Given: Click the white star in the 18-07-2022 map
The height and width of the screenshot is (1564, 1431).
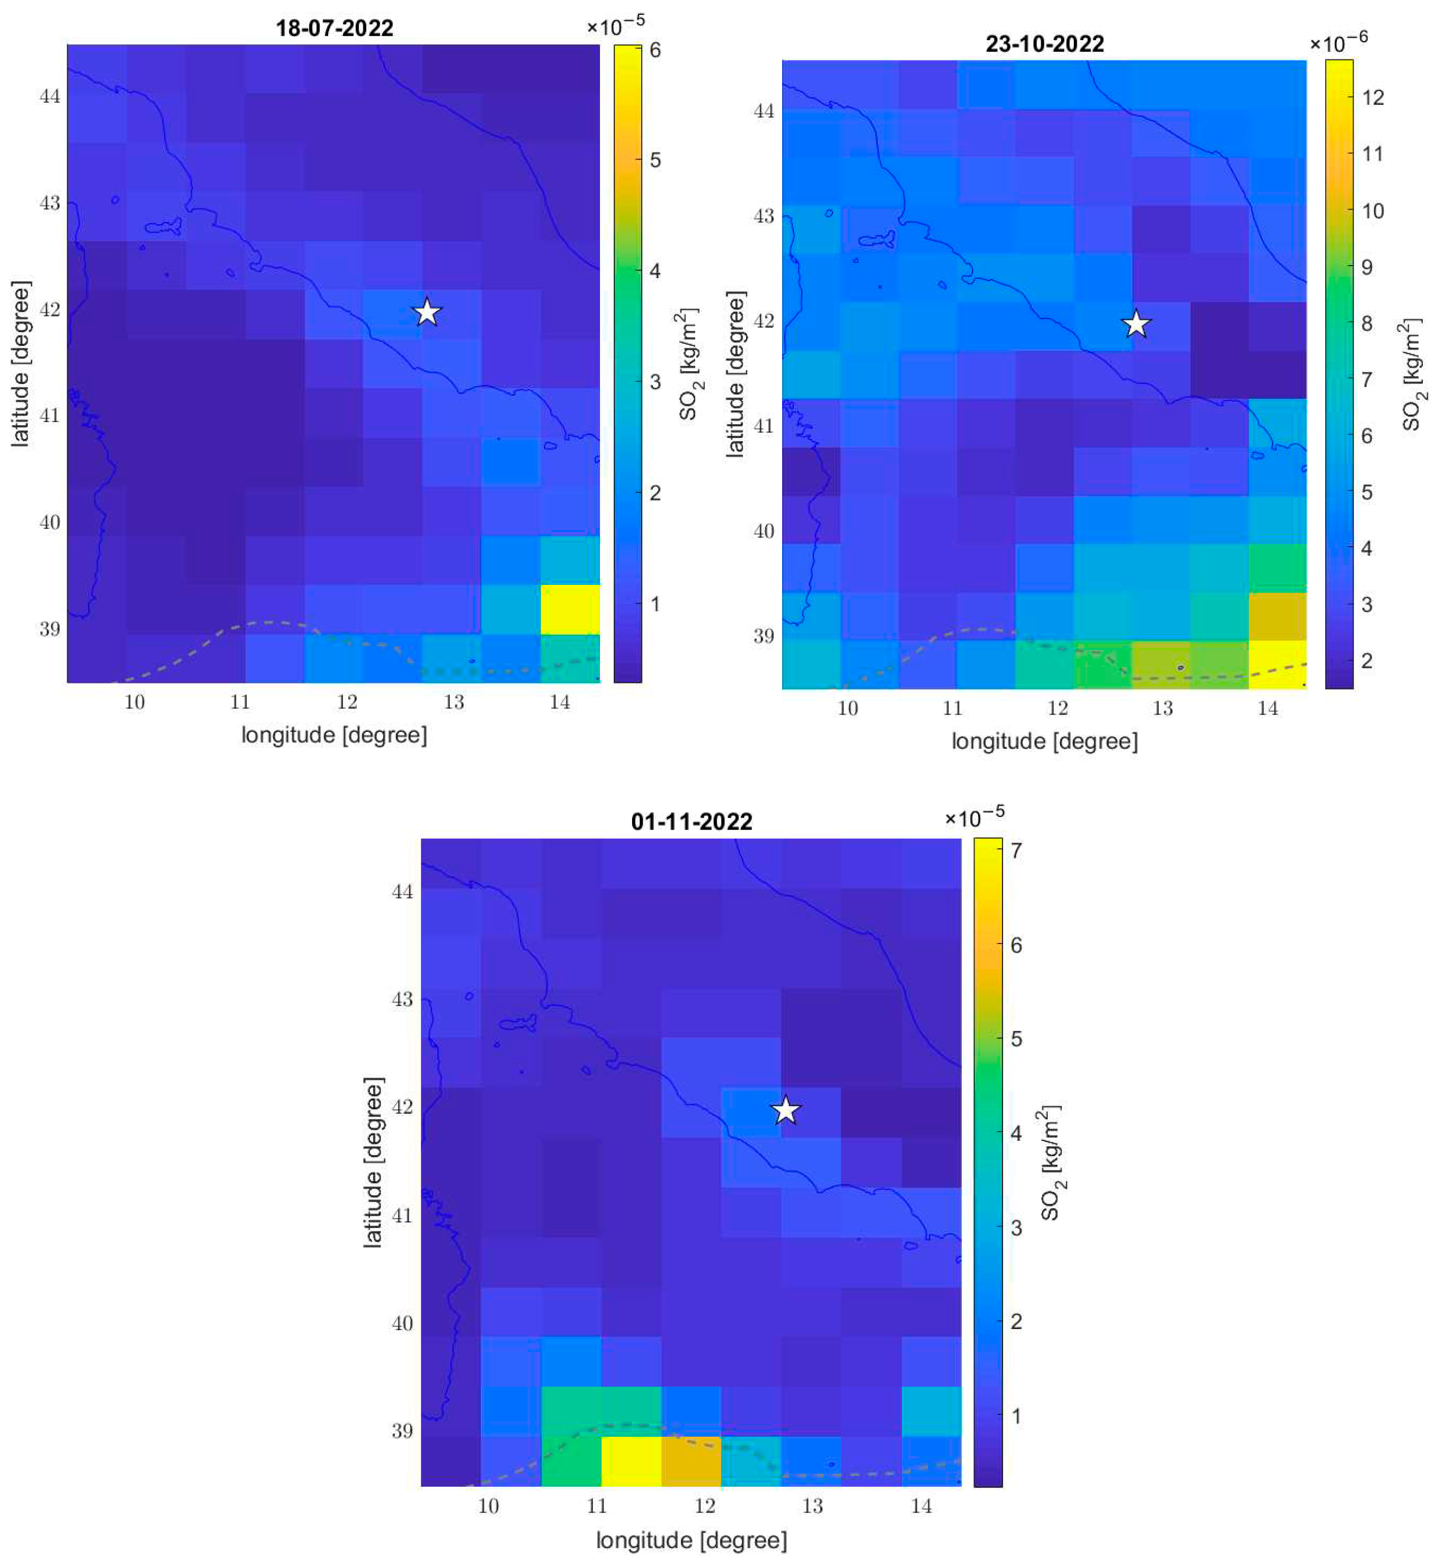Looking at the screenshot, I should click(x=427, y=313).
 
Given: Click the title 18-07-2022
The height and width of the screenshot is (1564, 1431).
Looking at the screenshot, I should click(x=334, y=28).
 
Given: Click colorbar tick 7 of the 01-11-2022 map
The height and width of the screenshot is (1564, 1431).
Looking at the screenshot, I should click(x=1016, y=849).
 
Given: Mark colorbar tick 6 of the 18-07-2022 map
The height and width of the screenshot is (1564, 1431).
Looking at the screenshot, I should click(x=655, y=50).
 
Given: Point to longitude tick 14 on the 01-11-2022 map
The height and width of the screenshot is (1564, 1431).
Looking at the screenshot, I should click(x=921, y=1506).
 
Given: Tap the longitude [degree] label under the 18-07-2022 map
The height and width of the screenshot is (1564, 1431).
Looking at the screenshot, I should click(x=334, y=734).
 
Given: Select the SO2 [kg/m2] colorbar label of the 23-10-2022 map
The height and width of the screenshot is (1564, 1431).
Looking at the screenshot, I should click(x=1410, y=373).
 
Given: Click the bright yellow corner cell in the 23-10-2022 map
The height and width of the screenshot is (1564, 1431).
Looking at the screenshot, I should click(x=1277, y=664).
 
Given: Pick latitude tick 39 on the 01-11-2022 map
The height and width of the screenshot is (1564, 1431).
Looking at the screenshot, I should click(x=402, y=1430).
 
